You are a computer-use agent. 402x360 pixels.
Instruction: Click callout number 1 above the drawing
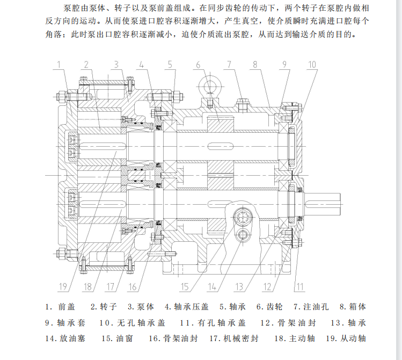point(59,64)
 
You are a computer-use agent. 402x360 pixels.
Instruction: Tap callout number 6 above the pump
point(198,65)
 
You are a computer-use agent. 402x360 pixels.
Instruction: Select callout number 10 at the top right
point(312,64)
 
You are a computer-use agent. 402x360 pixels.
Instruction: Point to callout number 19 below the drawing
point(63,286)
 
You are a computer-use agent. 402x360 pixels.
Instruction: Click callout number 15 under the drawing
point(185,286)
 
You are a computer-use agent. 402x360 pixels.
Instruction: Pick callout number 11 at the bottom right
point(300,286)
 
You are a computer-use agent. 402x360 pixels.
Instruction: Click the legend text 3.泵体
point(141,307)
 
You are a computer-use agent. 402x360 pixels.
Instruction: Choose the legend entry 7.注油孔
point(311,307)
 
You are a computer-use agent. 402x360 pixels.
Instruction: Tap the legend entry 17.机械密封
point(234,339)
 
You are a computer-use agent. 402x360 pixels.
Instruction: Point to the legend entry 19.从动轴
point(346,339)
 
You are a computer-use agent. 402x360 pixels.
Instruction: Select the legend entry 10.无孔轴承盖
point(132,322)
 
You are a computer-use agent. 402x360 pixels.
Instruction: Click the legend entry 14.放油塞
point(65,339)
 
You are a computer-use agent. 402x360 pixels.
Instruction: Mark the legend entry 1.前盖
point(60,307)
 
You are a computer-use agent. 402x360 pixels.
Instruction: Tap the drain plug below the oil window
point(242,234)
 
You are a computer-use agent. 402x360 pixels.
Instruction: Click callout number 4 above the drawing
point(142,64)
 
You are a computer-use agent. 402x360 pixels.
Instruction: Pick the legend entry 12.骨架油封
point(288,322)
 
